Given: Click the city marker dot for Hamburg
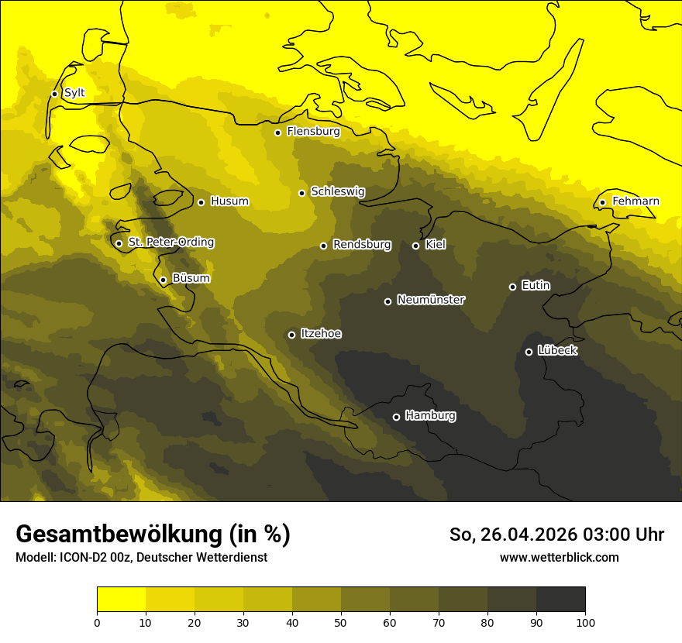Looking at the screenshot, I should pos(396,417).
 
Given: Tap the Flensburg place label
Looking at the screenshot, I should pos(313,132).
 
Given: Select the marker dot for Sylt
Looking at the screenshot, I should pos(54,94).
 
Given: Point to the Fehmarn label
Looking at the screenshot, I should pos(635,201).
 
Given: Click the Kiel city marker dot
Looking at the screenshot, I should pos(415,246).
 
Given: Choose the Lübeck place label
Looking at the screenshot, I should pos(557,351).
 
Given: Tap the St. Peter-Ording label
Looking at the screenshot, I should pos(170,242).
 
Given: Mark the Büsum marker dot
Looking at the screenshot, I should pos(163,280).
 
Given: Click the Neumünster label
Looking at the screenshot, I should pos(431,300).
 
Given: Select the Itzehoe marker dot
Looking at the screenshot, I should pos(291,335).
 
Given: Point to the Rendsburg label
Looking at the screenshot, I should pos(362,245).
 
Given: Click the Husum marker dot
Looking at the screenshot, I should pos(201,202).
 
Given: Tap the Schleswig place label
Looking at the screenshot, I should pos(337,191).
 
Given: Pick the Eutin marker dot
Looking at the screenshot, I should pos(512,287).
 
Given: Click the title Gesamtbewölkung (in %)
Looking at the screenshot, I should pos(153,535).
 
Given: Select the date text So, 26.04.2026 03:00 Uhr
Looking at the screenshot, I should pos(556,535).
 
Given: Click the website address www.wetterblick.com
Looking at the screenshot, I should pos(559,557).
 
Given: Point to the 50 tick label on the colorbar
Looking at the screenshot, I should pos(341,622).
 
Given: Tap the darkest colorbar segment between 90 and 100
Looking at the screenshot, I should pos(560,600).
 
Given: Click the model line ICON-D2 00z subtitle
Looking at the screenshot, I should pos(141,557).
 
